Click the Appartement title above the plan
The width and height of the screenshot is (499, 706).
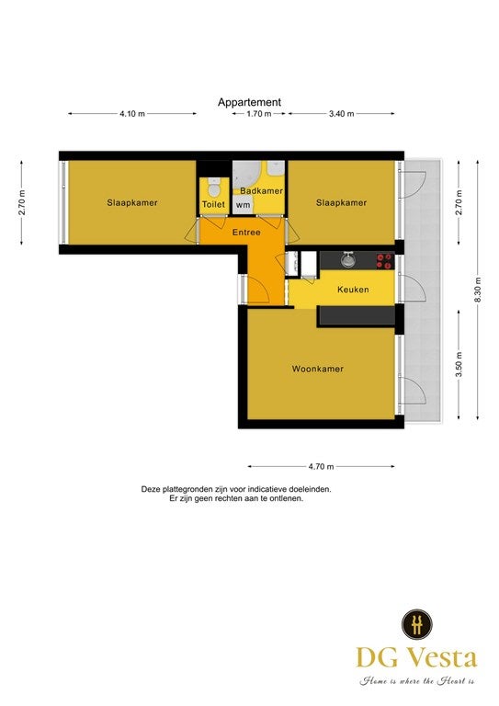pyautogui.click(x=249, y=102)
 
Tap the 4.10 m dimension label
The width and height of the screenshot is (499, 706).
pyautogui.click(x=132, y=114)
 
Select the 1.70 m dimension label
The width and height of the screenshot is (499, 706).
pyautogui.click(x=259, y=114)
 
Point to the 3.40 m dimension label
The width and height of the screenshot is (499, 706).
pyautogui.click(x=342, y=114)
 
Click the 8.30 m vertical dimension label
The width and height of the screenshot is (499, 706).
pyautogui.click(x=478, y=290)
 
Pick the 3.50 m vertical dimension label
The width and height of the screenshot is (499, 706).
pyautogui.click(x=459, y=365)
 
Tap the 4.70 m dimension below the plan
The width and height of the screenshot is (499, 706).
pyautogui.click(x=322, y=467)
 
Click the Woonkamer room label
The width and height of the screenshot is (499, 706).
pyautogui.click(x=318, y=369)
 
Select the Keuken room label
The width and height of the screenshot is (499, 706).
pyautogui.click(x=353, y=290)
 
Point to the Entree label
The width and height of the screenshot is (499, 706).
pyautogui.click(x=246, y=233)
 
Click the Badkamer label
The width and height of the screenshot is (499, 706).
pyautogui.click(x=261, y=191)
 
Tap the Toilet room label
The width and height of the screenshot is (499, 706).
pyautogui.click(x=213, y=204)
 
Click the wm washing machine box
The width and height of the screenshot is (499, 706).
pyautogui.click(x=243, y=205)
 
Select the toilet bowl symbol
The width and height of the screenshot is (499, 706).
pyautogui.click(x=214, y=187)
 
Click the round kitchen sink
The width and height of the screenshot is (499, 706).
pyautogui.click(x=347, y=260)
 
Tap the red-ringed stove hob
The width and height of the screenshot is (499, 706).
pyautogui.click(x=385, y=261)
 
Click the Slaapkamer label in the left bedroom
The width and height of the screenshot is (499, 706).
pyautogui.click(x=132, y=202)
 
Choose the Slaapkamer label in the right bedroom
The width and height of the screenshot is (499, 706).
pyautogui.click(x=341, y=202)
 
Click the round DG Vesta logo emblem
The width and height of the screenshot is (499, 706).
pyautogui.click(x=417, y=624)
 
